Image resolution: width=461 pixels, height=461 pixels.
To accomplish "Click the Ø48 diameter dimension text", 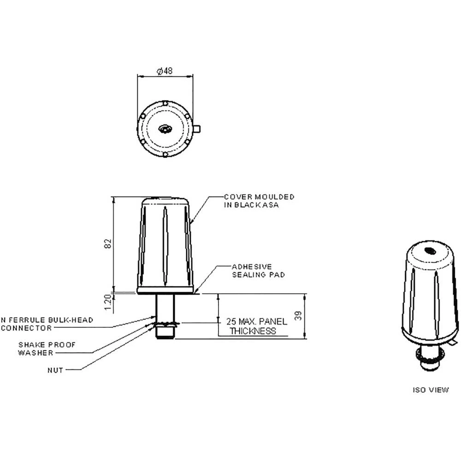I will click(x=165, y=71).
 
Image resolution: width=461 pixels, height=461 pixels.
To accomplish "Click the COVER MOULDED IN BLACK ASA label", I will click(x=259, y=201).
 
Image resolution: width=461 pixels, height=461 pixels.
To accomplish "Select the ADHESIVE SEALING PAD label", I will click(x=258, y=271).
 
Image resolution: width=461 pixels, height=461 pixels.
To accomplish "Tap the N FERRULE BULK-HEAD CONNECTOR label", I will click(x=46, y=324).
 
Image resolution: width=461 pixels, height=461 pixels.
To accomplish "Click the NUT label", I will click(x=56, y=370).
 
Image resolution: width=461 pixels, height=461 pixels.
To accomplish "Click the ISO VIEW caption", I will click(x=430, y=390).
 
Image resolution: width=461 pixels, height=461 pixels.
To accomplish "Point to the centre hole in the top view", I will click(x=165, y=130).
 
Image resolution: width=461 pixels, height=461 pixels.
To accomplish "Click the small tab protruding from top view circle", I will click(x=197, y=128).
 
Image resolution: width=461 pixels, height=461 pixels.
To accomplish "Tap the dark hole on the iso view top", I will click(x=430, y=251).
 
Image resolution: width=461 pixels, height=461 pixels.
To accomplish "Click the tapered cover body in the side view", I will click(x=165, y=244).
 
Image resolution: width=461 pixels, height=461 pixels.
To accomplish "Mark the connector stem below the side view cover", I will click(x=165, y=307).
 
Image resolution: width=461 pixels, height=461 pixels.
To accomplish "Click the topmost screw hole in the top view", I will click(x=165, y=103).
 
